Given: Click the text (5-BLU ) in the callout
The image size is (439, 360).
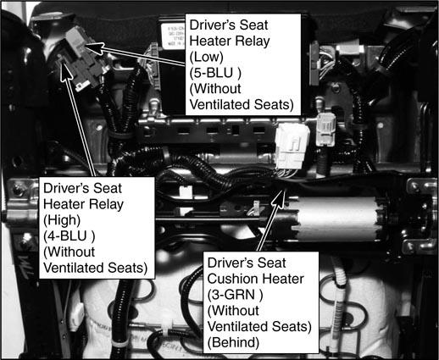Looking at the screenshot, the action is pos(215,73).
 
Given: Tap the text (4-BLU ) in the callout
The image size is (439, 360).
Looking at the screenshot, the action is pos(69,236).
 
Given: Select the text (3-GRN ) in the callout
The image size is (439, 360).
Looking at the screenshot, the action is pos(235,295).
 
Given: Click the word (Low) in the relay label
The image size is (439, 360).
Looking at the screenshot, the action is pos(206,57).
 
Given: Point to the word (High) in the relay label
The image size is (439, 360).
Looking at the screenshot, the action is pos(62,220).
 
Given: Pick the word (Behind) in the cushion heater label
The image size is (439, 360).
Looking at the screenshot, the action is pos(233,342).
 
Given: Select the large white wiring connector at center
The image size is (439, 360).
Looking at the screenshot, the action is pos(292,147).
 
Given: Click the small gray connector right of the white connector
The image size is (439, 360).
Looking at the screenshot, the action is pos(325,130).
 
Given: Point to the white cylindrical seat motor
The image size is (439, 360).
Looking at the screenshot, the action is pos(336,218).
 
